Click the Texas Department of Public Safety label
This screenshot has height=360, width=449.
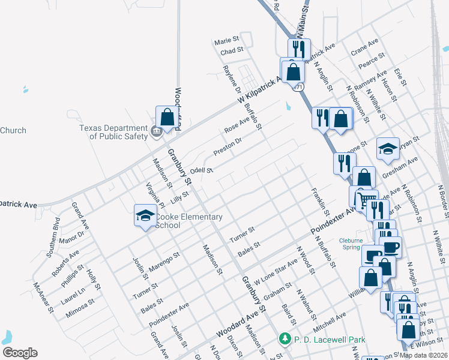coord(114,132)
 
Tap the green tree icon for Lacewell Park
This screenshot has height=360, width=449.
coord(286,340)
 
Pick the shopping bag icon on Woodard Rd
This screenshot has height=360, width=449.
coord(167,118)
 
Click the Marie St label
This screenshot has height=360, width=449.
coord(226,41)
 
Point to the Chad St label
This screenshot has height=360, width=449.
coord(232,52)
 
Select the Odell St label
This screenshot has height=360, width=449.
coord(202,170)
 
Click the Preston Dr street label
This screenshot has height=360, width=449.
coord(228,146)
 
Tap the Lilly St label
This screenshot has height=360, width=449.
coord(179,195)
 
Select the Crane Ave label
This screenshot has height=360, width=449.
coord(364,46)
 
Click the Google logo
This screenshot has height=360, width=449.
coord(20,353)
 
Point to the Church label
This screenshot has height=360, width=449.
coord(13,130)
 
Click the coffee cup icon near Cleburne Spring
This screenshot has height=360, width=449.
coord(391,247)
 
